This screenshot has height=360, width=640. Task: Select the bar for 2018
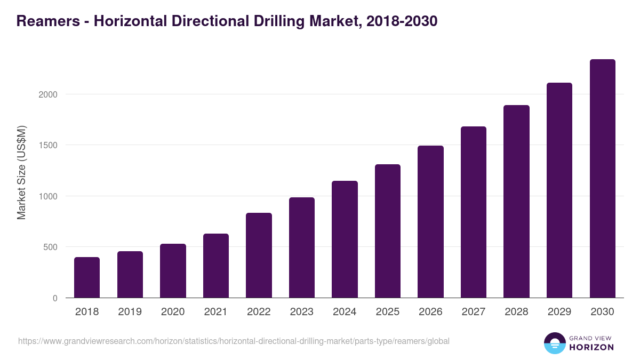click(x=87, y=277)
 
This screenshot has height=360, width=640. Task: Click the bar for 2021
click(x=216, y=266)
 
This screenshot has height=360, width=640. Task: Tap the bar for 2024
click(x=345, y=239)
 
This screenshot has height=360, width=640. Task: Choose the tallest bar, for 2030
click(x=602, y=179)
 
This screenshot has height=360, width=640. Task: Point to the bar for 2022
click(x=259, y=255)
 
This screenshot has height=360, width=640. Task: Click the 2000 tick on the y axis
click(x=47, y=94)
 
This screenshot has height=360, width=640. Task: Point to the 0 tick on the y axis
click(x=55, y=298)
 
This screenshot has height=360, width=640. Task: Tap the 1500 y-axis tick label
click(x=47, y=145)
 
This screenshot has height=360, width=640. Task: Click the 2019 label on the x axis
click(x=130, y=312)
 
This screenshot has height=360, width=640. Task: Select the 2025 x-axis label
click(x=388, y=312)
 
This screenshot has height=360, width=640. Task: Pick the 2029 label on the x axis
click(x=559, y=312)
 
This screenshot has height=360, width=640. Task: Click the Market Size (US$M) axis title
click(x=21, y=172)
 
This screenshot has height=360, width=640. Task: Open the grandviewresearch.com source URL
click(x=234, y=341)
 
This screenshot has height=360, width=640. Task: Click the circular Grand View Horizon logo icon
click(x=554, y=343)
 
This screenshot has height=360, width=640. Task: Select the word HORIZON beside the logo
click(x=591, y=347)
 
